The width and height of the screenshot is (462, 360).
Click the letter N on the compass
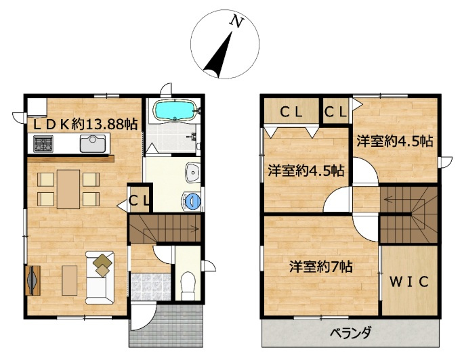[x=237, y=22]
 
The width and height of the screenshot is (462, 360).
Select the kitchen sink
[x=93, y=143]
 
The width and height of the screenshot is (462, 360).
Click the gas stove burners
[x=43, y=143]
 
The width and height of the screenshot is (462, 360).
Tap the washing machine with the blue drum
[x=191, y=201]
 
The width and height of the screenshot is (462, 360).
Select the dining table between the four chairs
[x=68, y=189]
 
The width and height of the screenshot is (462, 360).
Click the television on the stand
[x=33, y=280]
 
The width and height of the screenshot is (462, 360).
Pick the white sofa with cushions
[x=100, y=277]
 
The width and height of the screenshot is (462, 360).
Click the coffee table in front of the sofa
[x=70, y=280]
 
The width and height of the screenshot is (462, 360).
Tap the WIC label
[x=409, y=282]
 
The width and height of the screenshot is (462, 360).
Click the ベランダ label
[x=350, y=334]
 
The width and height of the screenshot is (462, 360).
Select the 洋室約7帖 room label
[x=321, y=267]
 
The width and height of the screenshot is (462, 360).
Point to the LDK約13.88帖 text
[x=85, y=125]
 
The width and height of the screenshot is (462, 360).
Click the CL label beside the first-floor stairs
[x=140, y=201]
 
